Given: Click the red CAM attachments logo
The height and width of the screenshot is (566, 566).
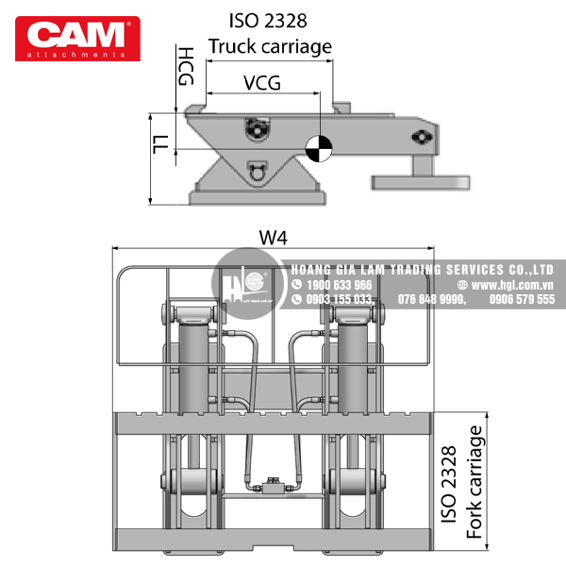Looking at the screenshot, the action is click(x=77, y=39).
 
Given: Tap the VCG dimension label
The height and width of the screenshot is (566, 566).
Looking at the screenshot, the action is click(x=262, y=83).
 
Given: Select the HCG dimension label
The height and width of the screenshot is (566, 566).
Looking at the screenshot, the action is click(x=186, y=66).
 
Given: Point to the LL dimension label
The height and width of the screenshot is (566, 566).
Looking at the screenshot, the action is click(x=161, y=144).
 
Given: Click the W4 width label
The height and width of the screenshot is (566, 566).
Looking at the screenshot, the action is click(x=274, y=238).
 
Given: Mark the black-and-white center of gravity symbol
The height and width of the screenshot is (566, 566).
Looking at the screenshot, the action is click(x=319, y=148).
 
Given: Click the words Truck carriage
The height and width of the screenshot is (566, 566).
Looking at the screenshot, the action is click(x=270, y=46).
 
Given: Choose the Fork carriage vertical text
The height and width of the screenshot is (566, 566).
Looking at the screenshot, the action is click(x=474, y=482).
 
